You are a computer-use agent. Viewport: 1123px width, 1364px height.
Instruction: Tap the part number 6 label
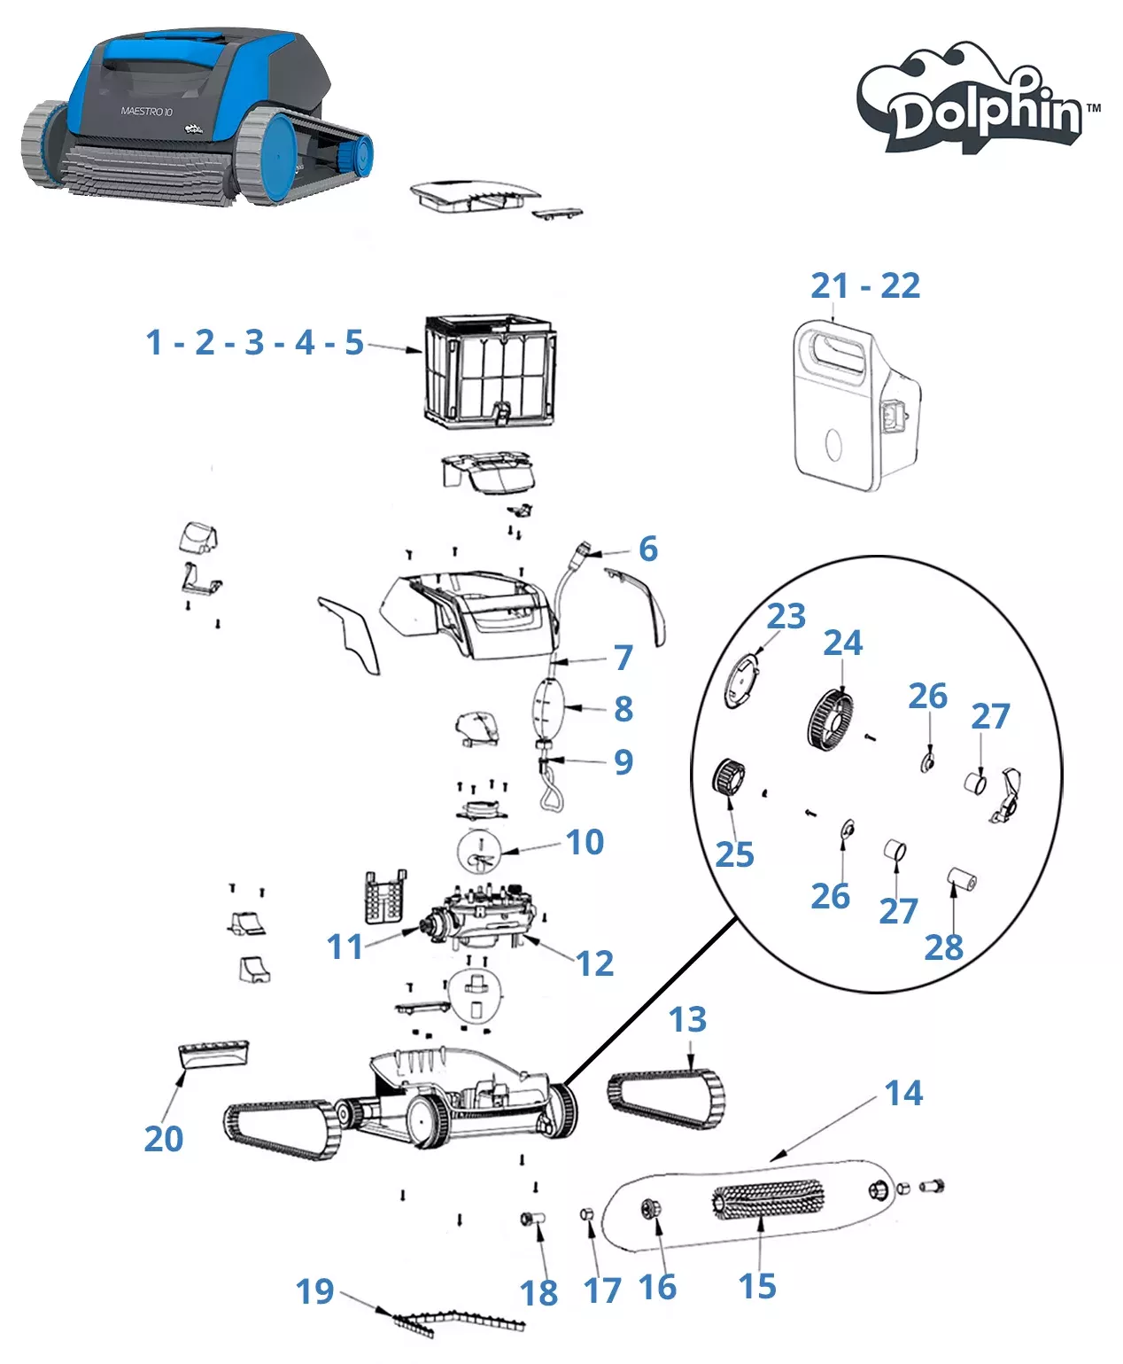(x=648, y=549)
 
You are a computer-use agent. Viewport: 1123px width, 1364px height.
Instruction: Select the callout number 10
(x=585, y=842)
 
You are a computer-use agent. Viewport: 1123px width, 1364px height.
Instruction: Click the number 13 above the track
(x=687, y=1020)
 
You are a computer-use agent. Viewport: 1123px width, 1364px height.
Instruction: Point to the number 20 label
(x=164, y=1139)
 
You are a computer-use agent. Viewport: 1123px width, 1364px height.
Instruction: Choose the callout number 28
(x=943, y=948)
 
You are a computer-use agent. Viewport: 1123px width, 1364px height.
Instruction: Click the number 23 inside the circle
(x=786, y=616)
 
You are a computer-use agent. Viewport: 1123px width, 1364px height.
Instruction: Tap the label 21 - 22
(x=865, y=286)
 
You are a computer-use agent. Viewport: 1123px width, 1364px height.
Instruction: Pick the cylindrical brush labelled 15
(x=768, y=1200)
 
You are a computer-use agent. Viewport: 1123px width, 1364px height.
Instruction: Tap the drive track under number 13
(x=666, y=1099)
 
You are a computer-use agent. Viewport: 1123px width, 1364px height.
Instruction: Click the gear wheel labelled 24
(x=830, y=720)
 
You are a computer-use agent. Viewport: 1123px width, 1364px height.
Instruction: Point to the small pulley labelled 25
(x=729, y=779)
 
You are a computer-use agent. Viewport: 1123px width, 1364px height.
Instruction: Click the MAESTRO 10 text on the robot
(x=146, y=112)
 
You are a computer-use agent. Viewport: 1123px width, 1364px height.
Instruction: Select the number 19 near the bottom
(x=315, y=1291)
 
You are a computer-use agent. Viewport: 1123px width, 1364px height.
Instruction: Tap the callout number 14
(x=903, y=1094)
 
